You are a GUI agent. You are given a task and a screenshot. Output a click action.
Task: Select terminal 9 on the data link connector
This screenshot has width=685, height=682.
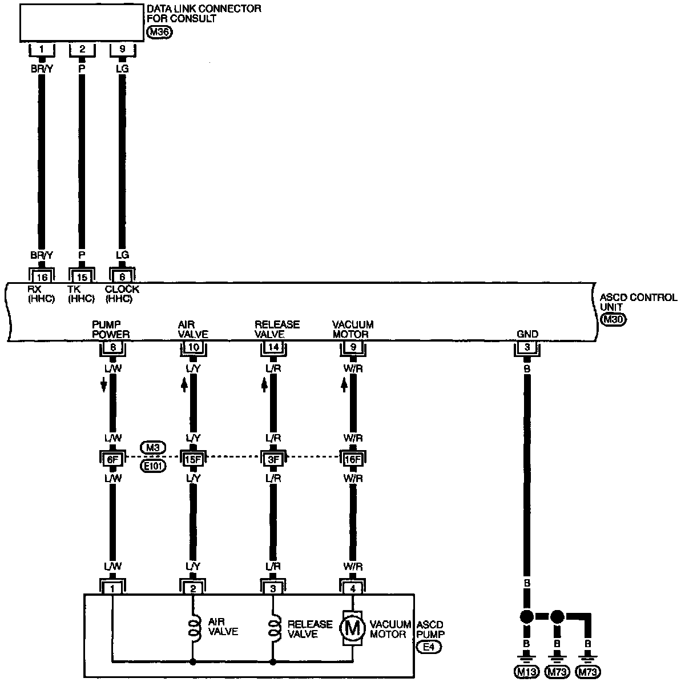pos(122,50)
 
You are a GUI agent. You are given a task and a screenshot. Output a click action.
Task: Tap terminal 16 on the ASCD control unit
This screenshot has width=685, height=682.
pos(42,276)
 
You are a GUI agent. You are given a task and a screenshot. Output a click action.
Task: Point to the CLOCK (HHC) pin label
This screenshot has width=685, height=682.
pos(122,294)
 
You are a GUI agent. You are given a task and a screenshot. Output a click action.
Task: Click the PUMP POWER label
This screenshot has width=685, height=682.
pos(111,329)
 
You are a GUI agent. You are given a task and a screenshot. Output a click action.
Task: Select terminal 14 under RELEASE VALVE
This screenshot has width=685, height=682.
pos(273,347)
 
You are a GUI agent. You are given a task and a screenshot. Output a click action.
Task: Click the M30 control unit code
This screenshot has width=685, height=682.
pos(614,320)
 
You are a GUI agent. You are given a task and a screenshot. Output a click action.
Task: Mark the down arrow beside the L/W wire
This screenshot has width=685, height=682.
pos(104,386)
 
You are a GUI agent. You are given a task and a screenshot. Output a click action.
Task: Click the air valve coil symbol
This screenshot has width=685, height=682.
pos(194,628)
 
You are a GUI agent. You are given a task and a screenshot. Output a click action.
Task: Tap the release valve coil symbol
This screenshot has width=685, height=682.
pos(275,628)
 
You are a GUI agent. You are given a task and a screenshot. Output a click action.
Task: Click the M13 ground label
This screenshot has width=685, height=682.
pos(527,672)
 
